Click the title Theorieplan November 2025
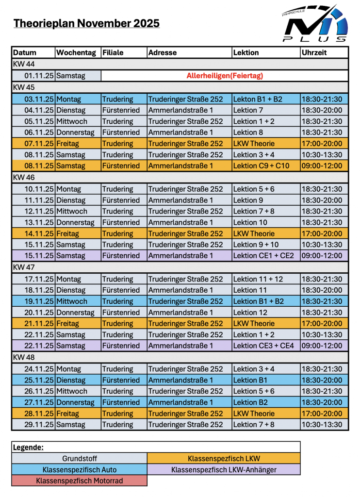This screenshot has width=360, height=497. tap(86, 23)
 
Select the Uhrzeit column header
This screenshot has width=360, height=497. tap(324, 52)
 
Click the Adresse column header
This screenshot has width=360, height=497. tap(189, 52)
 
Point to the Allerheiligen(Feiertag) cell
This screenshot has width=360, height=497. tap(225, 76)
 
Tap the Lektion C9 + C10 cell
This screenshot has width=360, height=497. tap(266, 166)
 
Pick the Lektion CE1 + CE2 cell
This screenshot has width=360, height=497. tap(266, 256)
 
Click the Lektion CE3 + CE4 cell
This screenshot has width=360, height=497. tap(266, 346)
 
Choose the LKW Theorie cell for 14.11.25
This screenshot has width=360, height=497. tap(266, 233)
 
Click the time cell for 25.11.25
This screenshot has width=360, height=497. tap(324, 380)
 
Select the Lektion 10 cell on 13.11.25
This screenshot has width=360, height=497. tap(266, 222)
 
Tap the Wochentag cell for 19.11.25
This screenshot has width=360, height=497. tap(78, 301)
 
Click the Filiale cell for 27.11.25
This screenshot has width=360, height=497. tap(123, 402)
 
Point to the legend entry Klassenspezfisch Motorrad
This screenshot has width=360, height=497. tap(79, 480)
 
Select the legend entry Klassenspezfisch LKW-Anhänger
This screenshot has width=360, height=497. tap(224, 469)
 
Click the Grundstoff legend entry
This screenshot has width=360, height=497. tap(79, 458)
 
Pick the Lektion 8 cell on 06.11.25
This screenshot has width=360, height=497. tap(266, 133)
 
